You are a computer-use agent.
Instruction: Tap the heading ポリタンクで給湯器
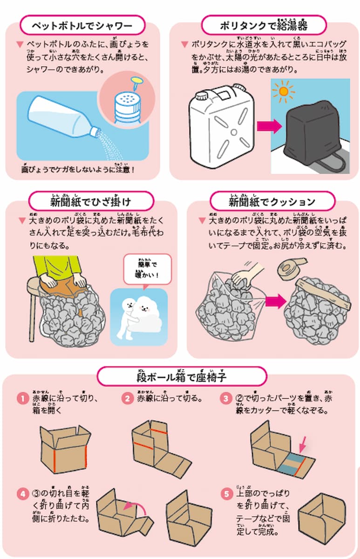(x=264, y=25)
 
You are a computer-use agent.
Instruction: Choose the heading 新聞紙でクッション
(x=272, y=201)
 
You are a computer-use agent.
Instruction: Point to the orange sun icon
(x=284, y=92)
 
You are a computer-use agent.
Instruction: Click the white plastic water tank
(x=218, y=126)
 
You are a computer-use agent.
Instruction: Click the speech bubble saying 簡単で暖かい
(x=147, y=269)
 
